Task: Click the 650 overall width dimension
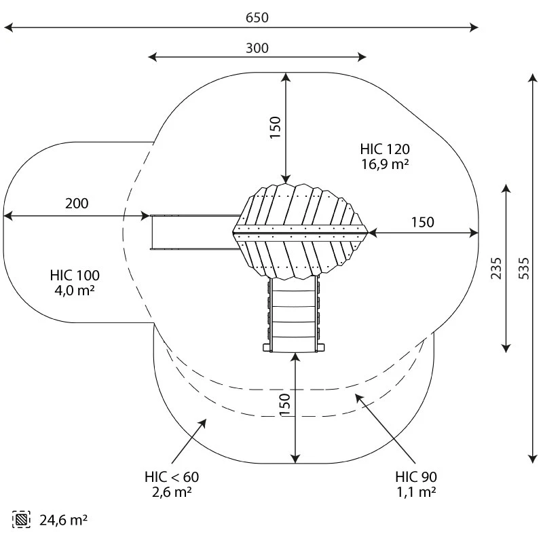click(257, 18)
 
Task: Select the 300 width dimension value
click(257, 48)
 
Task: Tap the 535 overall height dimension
click(523, 267)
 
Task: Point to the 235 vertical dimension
click(496, 267)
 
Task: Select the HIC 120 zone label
click(385, 149)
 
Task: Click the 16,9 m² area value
click(385, 164)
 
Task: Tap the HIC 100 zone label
click(75, 276)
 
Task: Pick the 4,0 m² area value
click(75, 290)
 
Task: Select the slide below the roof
click(294, 316)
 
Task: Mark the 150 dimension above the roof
click(275, 128)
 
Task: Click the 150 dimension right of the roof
click(422, 222)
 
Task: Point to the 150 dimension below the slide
click(285, 405)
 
